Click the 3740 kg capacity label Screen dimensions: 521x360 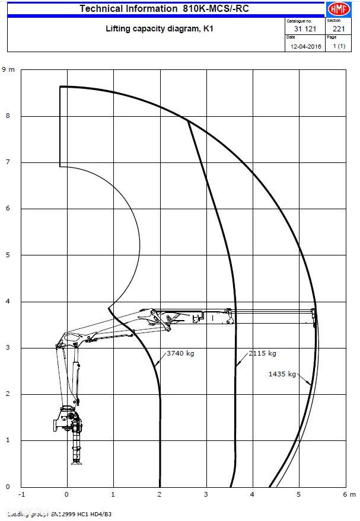coord(180,353)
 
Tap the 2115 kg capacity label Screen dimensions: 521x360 coord(263,353)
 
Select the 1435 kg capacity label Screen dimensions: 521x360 coord(282,374)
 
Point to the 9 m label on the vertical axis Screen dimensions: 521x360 coord(8,70)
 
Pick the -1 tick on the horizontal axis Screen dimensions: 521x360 coord(22,494)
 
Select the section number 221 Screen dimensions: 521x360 coord(339,28)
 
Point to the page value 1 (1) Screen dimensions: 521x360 coord(339,46)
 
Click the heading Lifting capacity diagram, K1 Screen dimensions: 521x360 coord(159,28)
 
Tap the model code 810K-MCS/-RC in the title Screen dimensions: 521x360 coord(212,8)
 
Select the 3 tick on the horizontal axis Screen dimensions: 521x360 coord(206,494)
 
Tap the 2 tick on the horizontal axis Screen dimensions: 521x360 coord(160,494)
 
